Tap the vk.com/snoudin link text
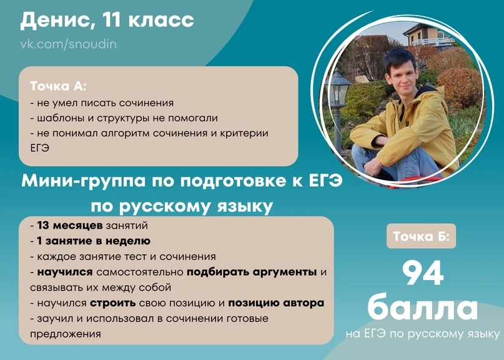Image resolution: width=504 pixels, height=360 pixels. [69, 44]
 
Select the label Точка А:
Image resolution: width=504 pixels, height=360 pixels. [58, 86]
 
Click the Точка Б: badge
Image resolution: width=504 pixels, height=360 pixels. [421, 236]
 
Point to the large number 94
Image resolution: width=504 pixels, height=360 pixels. [423, 273]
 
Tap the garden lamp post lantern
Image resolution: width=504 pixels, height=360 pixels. [337, 89]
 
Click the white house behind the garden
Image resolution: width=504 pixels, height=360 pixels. [428, 36]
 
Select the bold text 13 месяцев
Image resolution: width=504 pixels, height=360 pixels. [70, 226]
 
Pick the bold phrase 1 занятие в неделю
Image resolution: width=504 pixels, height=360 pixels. [94, 241]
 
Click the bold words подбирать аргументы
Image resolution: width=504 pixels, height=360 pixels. [252, 272]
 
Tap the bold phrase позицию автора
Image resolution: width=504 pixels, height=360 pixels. [276, 303]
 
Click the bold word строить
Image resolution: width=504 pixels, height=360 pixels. [113, 303]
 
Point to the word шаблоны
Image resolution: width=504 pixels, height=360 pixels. [61, 118]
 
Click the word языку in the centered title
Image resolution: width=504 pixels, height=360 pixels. [244, 207]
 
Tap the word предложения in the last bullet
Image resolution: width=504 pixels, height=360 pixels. [65, 334]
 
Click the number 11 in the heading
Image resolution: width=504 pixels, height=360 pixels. [112, 20]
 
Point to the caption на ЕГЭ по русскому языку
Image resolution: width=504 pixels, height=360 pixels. [423, 334]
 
